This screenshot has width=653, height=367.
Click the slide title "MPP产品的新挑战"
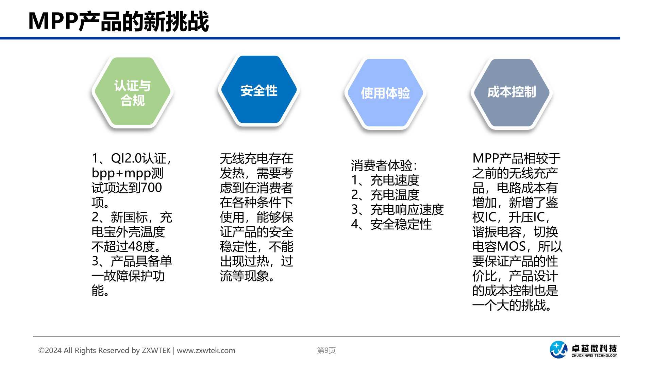118,21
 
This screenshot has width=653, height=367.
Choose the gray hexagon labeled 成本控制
512,93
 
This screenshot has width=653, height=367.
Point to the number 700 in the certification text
151,188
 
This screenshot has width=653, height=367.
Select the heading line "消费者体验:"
384,165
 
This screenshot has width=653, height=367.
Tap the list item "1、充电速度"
385,180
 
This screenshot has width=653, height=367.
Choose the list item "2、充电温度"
385,195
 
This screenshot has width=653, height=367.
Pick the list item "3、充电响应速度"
397,210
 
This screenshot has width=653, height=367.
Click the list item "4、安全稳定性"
391,224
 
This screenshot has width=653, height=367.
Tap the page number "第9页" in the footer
326,350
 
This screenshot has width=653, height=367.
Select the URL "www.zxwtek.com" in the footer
206,351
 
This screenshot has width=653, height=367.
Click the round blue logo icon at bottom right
558,350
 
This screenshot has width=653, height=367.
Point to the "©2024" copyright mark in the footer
50,351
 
